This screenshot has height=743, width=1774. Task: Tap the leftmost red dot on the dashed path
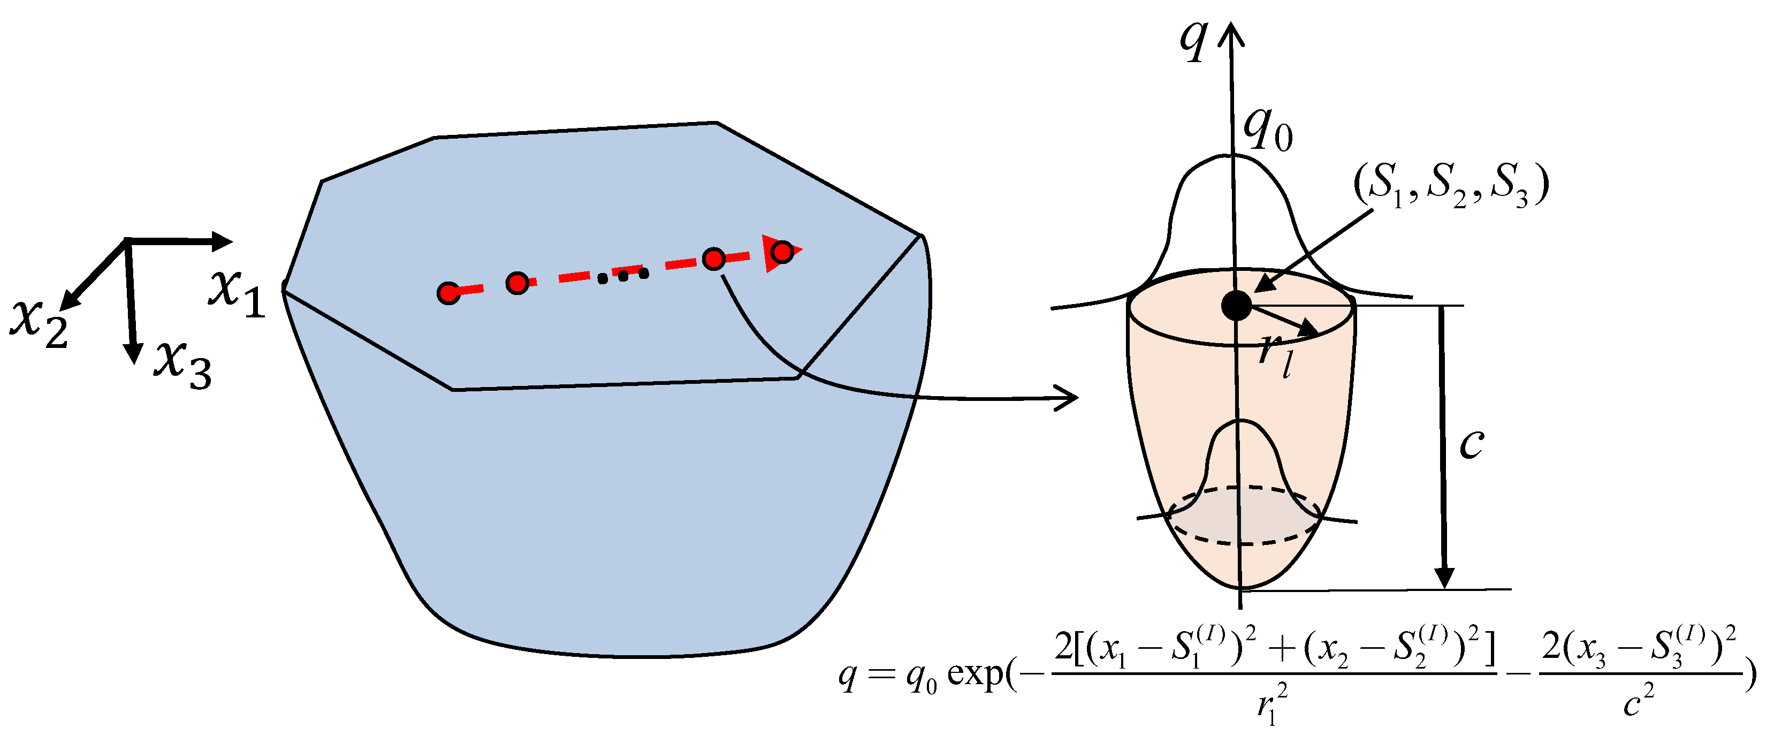(x=448, y=293)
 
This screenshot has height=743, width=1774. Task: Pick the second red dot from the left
(x=517, y=282)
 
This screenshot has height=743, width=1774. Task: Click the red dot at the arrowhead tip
(x=782, y=252)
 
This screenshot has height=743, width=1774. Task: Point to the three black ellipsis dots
(x=623, y=276)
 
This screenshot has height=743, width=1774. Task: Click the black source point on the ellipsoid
(x=1236, y=305)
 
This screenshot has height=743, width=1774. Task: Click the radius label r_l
(x=1275, y=354)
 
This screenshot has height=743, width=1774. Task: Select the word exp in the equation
(x=977, y=675)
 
